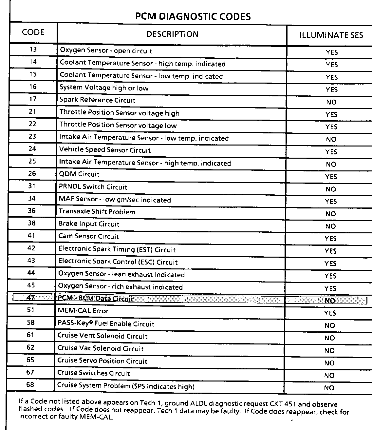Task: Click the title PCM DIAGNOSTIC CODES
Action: pos(193,16)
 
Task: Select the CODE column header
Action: pos(33,32)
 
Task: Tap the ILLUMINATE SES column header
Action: pos(331,35)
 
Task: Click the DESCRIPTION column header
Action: pos(172,34)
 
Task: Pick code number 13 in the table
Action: pos(33,49)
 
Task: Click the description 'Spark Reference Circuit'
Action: pos(97,100)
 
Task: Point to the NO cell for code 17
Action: pos(331,102)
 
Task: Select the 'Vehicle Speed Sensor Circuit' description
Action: pos(105,150)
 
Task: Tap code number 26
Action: pos(32,174)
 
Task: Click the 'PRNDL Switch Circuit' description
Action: pos(93,187)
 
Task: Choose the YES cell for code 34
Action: pos(331,202)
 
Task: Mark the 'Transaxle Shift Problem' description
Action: pos(97,212)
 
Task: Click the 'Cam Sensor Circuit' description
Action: pos(88,236)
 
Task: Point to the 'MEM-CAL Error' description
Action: pos(83,311)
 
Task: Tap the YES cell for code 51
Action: pos(330,313)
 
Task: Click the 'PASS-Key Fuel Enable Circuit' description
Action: pos(106,324)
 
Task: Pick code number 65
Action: pos(30,360)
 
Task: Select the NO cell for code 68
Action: pos(329,388)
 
